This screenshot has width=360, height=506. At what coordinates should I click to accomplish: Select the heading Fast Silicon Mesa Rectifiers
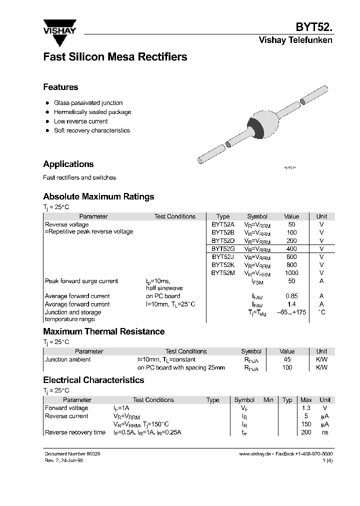pos(115,57)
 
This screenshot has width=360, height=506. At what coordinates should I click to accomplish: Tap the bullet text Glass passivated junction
pos(88,103)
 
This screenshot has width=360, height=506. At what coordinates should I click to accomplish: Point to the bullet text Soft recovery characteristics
pos(91,130)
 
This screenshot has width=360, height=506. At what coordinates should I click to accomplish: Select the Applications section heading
pos(68,164)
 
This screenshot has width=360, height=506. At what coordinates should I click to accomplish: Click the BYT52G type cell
pos(222,248)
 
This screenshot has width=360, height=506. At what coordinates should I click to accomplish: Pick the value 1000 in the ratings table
pos(291,273)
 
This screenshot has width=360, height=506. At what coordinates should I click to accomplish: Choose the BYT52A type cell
pos(222,224)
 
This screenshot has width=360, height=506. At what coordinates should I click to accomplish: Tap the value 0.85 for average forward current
pos(291,296)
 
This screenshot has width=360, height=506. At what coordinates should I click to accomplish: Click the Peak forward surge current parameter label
pos(81,281)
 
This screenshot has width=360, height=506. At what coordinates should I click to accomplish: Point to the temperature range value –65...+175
pos(291,312)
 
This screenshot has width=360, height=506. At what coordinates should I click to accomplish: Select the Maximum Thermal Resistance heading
pos(103,331)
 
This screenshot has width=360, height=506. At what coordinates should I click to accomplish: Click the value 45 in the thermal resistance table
pos(287,359)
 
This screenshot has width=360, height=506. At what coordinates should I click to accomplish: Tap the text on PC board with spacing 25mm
pos(181,367)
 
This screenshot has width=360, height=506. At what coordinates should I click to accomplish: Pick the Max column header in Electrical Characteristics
pos(306,400)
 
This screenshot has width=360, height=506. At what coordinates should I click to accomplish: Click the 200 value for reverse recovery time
pos(306,432)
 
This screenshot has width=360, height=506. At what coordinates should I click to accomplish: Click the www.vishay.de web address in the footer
pos(254,453)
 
